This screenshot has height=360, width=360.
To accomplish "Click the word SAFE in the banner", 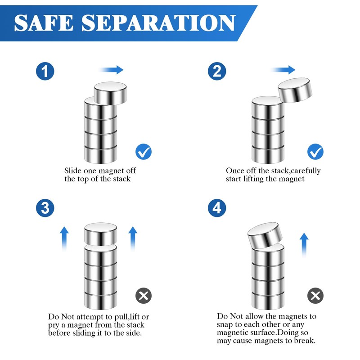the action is [x=44, y=23].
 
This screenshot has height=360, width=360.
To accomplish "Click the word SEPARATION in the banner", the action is [x=159, y=23].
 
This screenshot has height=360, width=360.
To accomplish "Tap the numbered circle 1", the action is [x=45, y=71].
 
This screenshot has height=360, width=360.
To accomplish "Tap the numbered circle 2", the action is [x=217, y=71].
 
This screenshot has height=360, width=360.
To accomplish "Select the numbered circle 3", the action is [x=45, y=208].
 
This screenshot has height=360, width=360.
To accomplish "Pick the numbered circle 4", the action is [x=217, y=208].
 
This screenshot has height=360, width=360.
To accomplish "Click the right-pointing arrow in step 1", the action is [x=112, y=70].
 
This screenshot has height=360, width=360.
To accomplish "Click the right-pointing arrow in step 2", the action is [x=283, y=70].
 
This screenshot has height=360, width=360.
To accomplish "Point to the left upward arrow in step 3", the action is [x=64, y=238].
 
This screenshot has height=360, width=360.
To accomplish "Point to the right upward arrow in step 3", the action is [x=133, y=238].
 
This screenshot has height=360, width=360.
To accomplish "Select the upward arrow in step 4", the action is [x=304, y=245].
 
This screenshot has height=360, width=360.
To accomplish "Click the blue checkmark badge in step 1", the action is [x=144, y=152].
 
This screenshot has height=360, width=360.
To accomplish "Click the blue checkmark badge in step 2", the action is [x=315, y=152].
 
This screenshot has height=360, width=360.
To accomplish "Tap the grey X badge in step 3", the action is [x=144, y=296].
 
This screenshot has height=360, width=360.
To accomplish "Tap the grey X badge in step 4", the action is [x=315, y=296].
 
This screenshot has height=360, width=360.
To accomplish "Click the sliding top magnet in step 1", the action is [x=110, y=93].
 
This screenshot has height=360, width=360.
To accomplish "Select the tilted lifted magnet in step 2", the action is [x=295, y=90].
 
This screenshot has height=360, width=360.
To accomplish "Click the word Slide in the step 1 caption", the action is [x=73, y=171].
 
